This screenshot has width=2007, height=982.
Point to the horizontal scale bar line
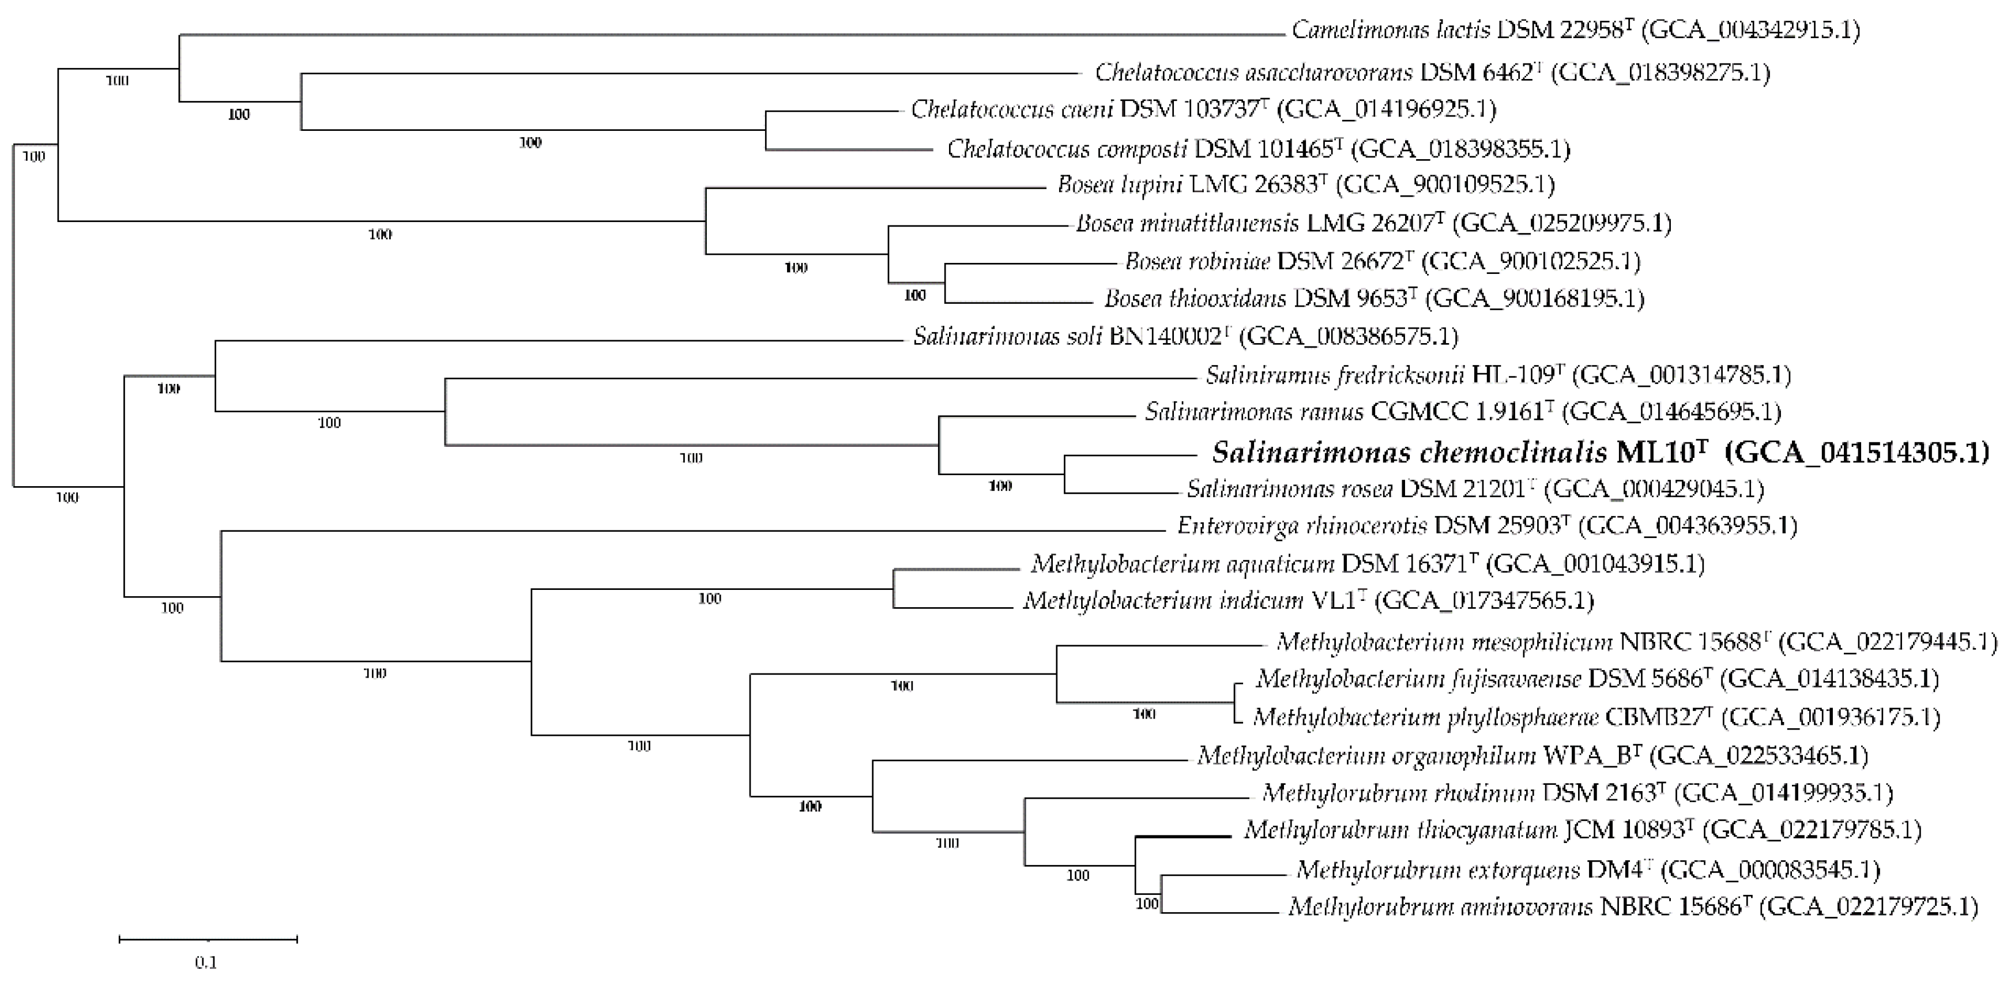pyautogui.click(x=208, y=940)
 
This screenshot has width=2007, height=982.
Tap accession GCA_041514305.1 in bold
pyautogui.click(x=1858, y=452)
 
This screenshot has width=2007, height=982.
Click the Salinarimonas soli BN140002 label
pyautogui.click(x=1072, y=336)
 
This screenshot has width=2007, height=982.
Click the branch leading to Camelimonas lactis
pyautogui.click(x=732, y=34)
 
